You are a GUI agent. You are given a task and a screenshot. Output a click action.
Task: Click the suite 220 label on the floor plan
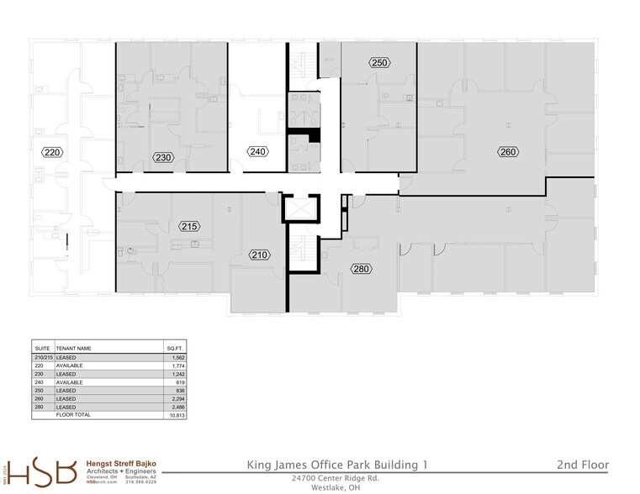point(53,152)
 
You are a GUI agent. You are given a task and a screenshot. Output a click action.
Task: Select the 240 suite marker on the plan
point(257,151)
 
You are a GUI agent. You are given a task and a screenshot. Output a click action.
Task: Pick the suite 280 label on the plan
point(362,270)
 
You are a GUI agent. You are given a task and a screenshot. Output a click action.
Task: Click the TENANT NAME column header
point(74,348)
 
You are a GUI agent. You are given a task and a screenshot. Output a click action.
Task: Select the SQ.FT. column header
point(173,348)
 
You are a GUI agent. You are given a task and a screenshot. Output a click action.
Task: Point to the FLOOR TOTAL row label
point(73,415)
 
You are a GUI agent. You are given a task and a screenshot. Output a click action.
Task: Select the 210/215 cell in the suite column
point(42,357)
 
